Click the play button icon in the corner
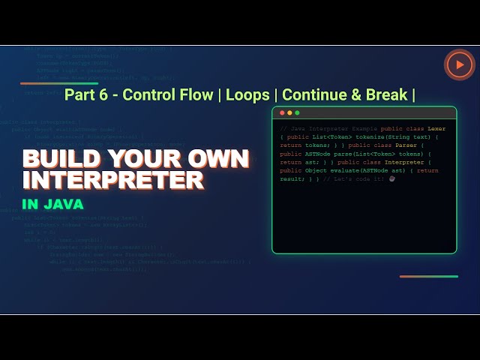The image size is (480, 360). (459, 65)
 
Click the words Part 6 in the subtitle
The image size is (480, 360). (88, 95)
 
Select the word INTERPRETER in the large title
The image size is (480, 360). (112, 181)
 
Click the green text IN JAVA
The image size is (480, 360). (52, 204)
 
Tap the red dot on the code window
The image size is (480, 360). (282, 112)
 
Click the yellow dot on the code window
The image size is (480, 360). (289, 112)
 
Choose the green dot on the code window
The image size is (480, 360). (297, 112)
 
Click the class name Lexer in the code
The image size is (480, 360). (436, 129)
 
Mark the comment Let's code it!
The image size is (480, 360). (360, 178)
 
